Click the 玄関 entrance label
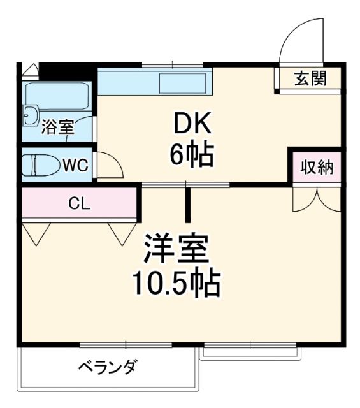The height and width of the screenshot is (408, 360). coord(310,80)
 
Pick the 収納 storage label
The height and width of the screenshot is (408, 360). coord(317,168)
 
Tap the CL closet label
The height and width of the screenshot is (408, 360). coord(80,204)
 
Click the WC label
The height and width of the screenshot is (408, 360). coord(75,166)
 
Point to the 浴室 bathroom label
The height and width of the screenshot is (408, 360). coord(58,127)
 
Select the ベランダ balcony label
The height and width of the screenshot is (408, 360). coord(108,368)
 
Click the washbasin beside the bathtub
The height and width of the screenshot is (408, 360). coord(30,115)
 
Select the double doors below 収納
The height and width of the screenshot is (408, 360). coord(317,198)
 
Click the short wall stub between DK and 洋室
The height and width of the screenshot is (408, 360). coord(188,200)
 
